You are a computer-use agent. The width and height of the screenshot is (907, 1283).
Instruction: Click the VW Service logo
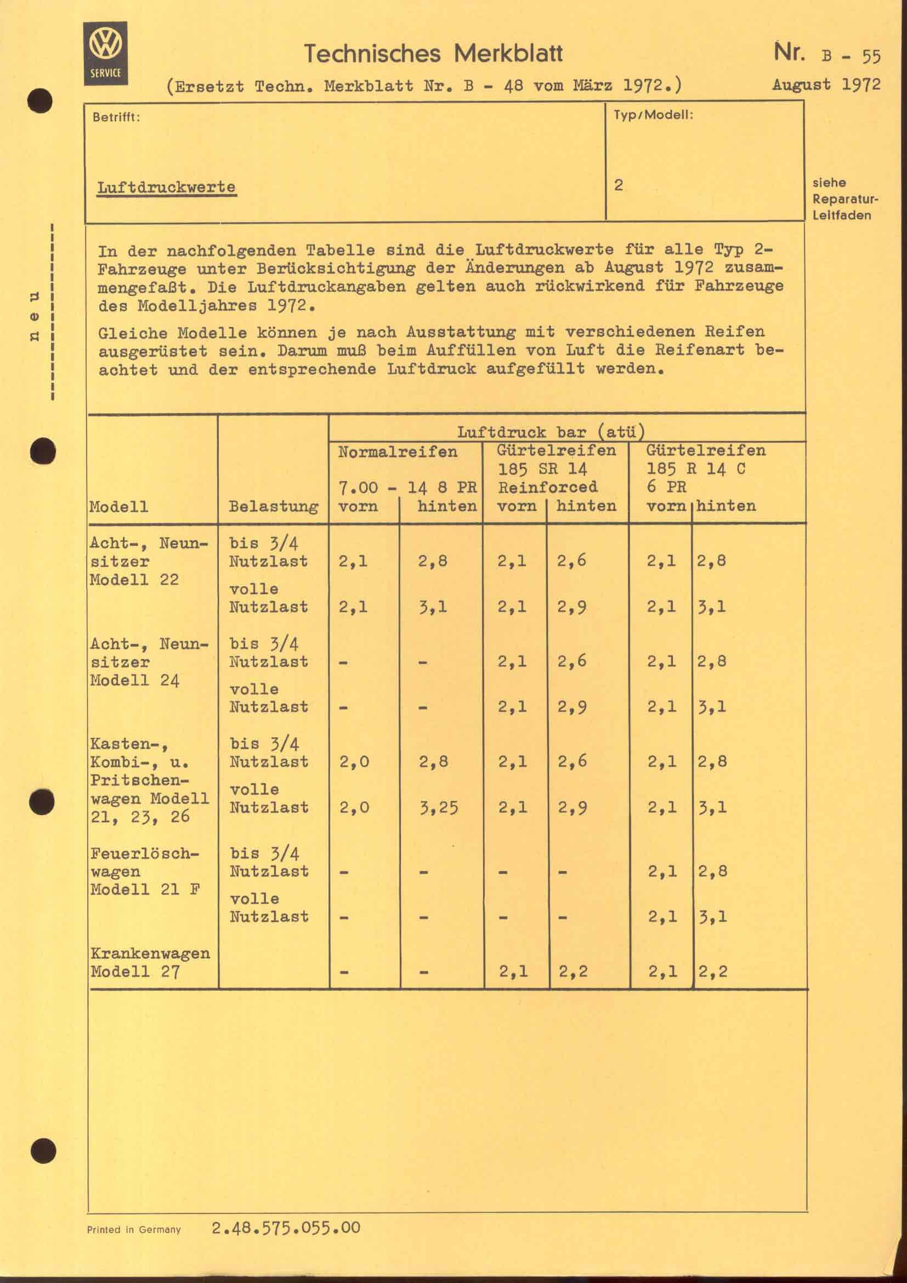tap(105, 53)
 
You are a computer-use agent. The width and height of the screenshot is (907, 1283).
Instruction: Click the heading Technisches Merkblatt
tap(433, 54)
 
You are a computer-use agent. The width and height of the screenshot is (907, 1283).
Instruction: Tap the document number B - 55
tap(851, 56)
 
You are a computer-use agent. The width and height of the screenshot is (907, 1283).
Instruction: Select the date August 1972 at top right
tap(826, 85)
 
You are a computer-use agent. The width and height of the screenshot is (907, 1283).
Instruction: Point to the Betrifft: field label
tap(116, 118)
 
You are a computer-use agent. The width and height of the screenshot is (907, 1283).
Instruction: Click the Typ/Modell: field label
tap(653, 116)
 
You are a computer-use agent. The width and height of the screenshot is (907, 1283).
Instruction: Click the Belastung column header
tap(273, 507)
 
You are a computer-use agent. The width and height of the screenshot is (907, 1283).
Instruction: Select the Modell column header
tap(118, 507)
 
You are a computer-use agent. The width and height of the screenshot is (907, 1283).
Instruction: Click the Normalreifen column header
tap(397, 451)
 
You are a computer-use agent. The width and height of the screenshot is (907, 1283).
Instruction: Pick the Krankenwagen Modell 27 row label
tap(150, 962)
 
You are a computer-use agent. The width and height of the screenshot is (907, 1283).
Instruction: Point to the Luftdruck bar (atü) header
tap(551, 432)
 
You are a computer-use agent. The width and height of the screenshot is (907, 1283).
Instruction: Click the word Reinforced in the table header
tap(547, 487)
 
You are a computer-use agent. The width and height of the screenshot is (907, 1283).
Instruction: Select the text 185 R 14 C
tap(695, 469)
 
